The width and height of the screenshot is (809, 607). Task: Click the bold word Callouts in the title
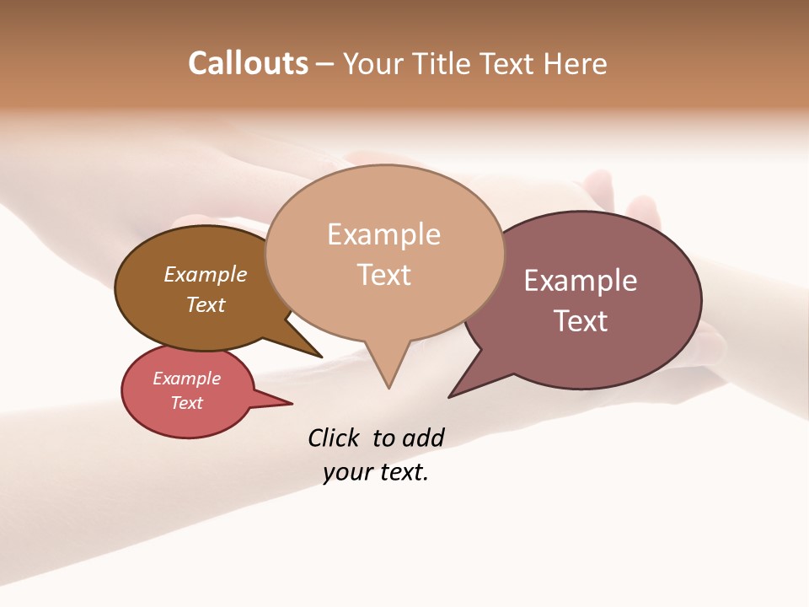point(248,63)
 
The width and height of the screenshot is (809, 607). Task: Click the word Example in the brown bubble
point(206,274)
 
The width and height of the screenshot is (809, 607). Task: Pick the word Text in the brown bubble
point(206,304)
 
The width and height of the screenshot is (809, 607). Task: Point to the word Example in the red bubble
point(187,379)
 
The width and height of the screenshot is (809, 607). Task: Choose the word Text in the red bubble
point(187,403)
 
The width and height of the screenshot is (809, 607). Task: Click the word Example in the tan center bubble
point(383,234)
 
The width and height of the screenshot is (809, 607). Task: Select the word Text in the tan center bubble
point(383,275)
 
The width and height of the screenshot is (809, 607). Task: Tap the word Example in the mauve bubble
point(581,280)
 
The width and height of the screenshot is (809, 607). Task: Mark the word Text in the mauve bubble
point(581,320)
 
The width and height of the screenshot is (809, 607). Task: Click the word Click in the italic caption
point(333,438)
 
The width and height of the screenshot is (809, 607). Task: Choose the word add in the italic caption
point(423,438)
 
